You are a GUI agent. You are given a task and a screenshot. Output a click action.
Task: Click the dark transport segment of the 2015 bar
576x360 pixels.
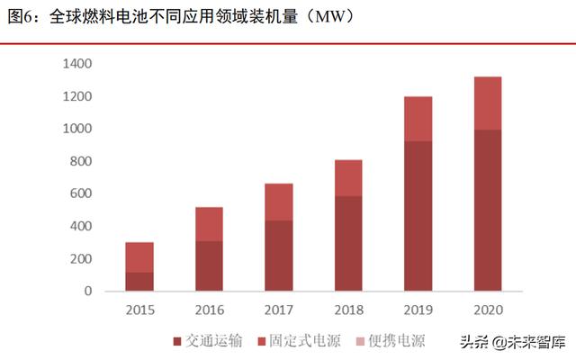pos(139,282)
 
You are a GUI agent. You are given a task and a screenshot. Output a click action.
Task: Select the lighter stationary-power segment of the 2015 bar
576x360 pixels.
pos(139,257)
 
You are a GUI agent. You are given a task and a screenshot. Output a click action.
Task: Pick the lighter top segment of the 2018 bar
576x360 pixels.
pos(348,178)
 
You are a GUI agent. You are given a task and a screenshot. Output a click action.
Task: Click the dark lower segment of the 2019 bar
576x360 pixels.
pos(418,216)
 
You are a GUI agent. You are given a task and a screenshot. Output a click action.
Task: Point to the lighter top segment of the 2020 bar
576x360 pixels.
pos(488,103)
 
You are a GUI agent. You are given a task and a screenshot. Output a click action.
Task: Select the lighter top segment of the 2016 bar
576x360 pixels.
pos(209,224)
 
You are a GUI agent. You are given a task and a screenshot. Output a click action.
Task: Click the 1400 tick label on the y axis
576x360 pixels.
pos(76,64)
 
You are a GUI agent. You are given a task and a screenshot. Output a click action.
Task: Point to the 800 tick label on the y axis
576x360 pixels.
pos(81,162)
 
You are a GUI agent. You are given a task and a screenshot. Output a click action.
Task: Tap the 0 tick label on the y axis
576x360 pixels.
pos(88,292)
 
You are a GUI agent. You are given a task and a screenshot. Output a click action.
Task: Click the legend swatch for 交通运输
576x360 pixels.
pos(176,341)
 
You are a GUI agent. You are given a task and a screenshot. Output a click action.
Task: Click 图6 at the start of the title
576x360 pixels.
pos(21,16)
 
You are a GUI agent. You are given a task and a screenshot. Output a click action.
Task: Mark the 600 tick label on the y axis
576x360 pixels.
pos(81,194)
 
